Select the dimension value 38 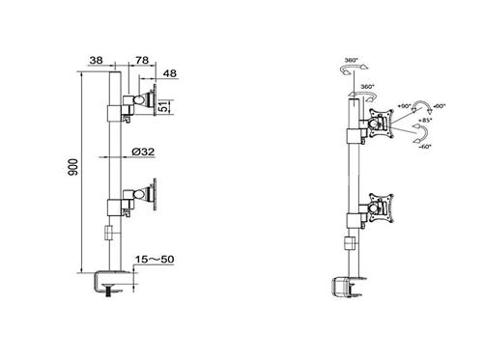[96, 62]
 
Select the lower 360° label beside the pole [367, 87]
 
